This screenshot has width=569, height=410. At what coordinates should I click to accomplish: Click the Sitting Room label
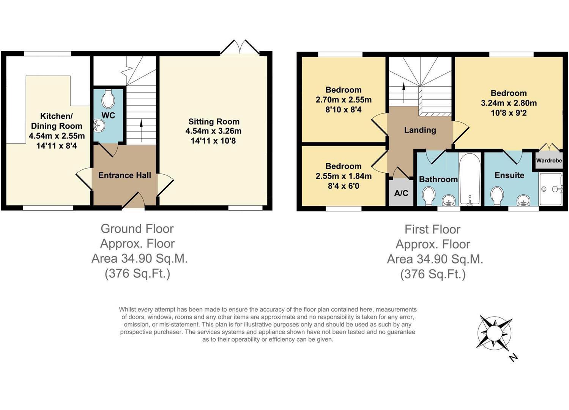click(x=214, y=122)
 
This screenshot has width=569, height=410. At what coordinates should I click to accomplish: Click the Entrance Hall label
click(x=125, y=175)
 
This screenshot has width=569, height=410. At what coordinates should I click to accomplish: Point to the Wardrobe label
click(x=549, y=161)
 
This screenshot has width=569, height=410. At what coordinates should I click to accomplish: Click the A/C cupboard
click(x=401, y=193)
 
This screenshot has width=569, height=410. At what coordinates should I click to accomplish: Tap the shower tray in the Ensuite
click(x=550, y=189)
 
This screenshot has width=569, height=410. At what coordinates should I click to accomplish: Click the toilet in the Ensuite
click(x=497, y=196)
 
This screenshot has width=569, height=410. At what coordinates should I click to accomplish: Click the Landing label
click(x=420, y=130)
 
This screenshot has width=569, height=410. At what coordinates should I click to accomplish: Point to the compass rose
click(x=494, y=333)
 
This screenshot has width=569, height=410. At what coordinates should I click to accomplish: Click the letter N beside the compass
click(x=513, y=357)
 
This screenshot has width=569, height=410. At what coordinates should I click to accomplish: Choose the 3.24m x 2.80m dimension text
click(x=509, y=103)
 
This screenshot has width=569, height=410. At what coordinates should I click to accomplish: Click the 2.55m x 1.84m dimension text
click(x=344, y=176)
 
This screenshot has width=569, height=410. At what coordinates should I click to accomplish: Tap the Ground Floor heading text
click(x=137, y=229)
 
